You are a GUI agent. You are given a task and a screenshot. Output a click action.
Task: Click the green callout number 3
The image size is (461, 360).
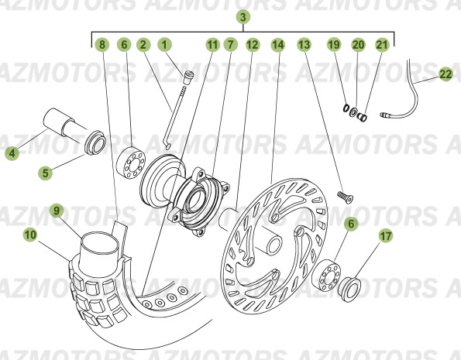[243, 17]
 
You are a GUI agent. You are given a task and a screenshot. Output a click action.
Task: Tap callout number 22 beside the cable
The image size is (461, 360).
[446, 74]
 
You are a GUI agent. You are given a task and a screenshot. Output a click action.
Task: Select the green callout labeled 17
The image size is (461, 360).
[386, 236]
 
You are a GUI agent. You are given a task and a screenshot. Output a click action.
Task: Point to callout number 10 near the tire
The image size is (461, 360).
[30, 235]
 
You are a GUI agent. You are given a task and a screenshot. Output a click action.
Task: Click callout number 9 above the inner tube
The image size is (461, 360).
[57, 211]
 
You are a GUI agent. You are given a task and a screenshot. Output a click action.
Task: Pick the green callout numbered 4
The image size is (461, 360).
[12, 153]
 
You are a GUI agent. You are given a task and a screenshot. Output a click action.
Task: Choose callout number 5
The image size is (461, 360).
[45, 173]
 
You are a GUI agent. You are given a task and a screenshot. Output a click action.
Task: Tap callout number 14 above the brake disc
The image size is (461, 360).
[278, 45]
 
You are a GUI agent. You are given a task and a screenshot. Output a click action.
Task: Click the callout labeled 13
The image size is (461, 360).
[304, 45]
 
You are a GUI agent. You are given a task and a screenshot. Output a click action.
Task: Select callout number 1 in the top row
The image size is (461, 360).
[164, 45]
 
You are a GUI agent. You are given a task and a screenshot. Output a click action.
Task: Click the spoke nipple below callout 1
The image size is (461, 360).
[187, 77]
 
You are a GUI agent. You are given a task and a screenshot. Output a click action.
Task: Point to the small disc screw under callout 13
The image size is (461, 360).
[345, 197]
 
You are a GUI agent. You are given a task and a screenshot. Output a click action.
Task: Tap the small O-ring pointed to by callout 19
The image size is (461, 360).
[346, 108]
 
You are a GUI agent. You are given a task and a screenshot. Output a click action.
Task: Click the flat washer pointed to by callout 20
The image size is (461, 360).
[353, 112]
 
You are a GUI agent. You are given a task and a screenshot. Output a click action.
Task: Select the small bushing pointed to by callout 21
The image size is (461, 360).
[362, 117]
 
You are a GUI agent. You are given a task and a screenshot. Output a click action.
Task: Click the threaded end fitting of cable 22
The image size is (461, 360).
[387, 115]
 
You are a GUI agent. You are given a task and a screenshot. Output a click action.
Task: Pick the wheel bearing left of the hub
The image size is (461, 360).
[131, 163]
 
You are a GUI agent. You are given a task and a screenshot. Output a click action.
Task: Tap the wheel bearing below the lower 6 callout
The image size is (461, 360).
[326, 276]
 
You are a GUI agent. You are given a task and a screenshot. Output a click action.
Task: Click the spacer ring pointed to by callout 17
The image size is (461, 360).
[349, 290]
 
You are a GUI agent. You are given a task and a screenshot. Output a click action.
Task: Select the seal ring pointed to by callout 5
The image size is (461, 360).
[95, 142]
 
